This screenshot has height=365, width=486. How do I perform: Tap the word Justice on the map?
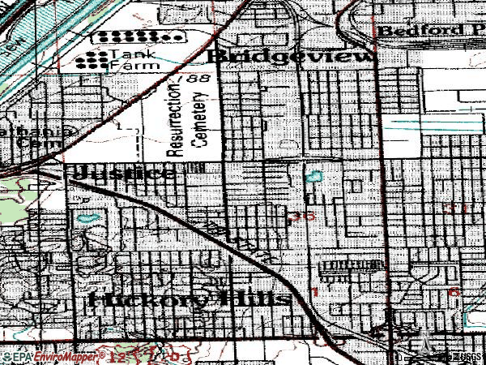click(123, 173)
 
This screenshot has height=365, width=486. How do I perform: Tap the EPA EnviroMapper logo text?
click(49, 356)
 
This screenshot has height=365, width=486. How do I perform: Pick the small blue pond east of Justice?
click(312, 176)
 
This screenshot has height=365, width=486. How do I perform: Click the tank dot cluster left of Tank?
click(96, 58)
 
